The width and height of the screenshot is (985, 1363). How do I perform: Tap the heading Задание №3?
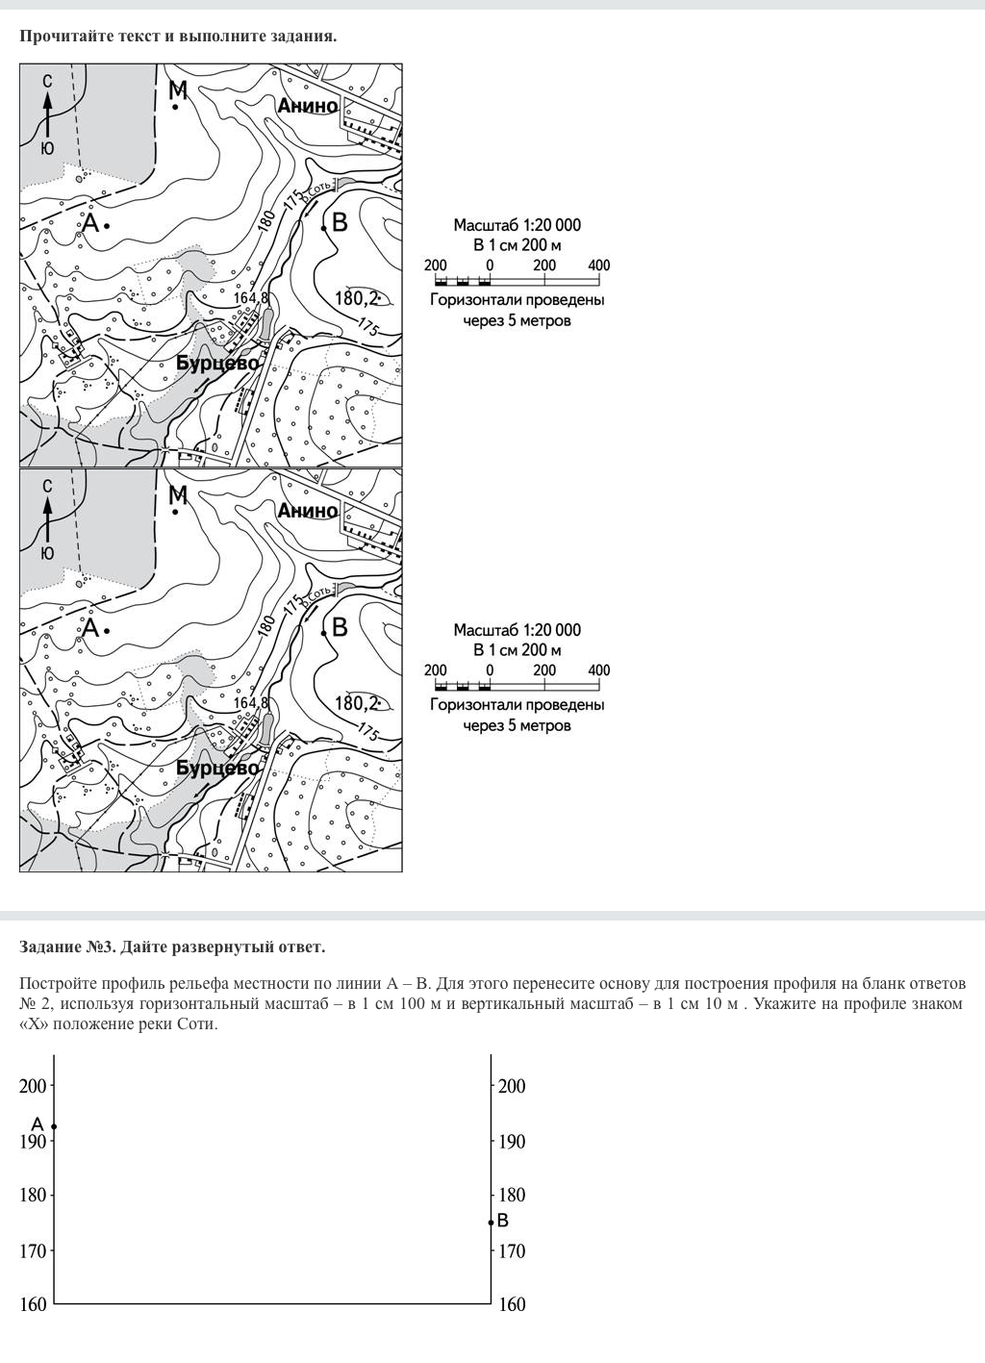68,947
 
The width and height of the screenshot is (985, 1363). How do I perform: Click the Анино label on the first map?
308,106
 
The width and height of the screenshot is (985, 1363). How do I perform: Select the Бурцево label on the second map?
217,769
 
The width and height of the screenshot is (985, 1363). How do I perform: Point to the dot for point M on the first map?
175,107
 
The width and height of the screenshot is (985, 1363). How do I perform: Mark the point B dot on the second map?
324,632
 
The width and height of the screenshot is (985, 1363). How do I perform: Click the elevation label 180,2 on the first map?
357,298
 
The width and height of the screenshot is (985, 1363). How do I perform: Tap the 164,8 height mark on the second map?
251,704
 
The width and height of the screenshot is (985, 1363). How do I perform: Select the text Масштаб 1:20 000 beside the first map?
517,225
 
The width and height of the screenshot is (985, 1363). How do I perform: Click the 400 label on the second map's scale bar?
598,670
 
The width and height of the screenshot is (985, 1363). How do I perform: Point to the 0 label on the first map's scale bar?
490,265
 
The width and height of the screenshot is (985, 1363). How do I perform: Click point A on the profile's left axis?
54,1126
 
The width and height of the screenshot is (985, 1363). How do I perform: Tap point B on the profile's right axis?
492,1222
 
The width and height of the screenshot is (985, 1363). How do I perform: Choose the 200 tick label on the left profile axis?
33,1086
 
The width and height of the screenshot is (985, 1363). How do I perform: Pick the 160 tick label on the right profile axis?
512,1304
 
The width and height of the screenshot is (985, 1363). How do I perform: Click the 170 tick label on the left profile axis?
33,1251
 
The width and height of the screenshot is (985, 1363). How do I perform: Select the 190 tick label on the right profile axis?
512,1142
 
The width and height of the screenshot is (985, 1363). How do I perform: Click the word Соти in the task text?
197,1023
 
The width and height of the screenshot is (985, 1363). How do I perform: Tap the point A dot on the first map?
107,225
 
